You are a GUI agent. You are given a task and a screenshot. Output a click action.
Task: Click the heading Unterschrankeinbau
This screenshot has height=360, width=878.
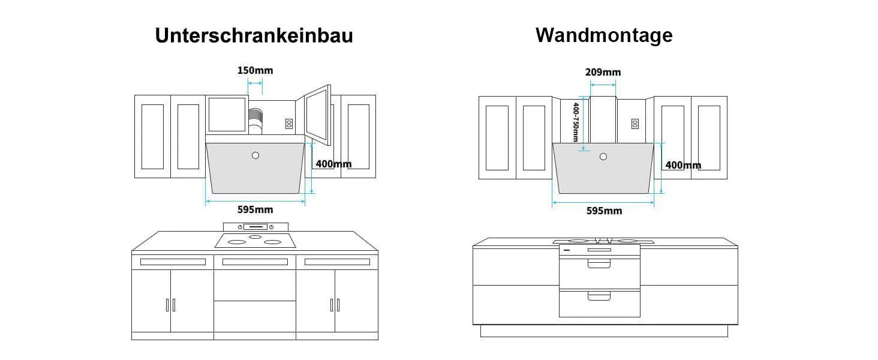pyautogui.click(x=254, y=35)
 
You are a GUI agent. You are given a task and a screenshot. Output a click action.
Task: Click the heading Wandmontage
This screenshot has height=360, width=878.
pyautogui.click(x=604, y=35)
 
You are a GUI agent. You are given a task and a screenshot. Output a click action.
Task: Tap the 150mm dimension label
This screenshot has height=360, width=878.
pyautogui.click(x=255, y=71)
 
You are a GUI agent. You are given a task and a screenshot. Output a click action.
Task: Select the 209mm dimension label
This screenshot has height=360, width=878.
pyautogui.click(x=603, y=72)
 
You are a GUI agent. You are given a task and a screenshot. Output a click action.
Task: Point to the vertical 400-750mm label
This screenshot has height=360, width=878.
pyautogui.click(x=575, y=122)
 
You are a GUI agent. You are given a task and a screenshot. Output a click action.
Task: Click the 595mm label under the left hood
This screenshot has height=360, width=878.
pyautogui.click(x=255, y=210)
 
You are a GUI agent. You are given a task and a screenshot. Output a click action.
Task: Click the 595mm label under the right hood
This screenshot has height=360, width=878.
pyautogui.click(x=604, y=211)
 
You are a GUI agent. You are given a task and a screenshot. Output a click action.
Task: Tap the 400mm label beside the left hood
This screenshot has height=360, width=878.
pyautogui.click(x=333, y=164)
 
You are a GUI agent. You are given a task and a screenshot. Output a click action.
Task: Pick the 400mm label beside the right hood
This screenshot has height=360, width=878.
pyautogui.click(x=683, y=165)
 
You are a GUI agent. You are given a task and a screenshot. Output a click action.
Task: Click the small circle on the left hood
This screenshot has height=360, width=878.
pyautogui.click(x=255, y=155)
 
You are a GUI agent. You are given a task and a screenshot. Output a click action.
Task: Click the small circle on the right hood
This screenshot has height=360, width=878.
pyautogui.click(x=603, y=157)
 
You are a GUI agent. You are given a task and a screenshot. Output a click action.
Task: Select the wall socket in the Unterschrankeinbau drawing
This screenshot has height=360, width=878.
pyautogui.click(x=289, y=124)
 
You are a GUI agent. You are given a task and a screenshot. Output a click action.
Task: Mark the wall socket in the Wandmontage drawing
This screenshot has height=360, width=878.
pyautogui.click(x=635, y=124)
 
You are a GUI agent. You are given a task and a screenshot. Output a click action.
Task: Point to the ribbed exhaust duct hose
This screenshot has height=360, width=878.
pyautogui.click(x=255, y=119)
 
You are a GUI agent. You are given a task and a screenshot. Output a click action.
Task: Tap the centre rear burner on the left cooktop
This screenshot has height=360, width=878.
pyautogui.click(x=255, y=237)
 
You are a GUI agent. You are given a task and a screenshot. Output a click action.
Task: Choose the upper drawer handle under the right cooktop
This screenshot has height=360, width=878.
pyautogui.click(x=599, y=264)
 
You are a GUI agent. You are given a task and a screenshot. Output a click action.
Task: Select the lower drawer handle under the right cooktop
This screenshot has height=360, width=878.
pyautogui.click(x=599, y=296)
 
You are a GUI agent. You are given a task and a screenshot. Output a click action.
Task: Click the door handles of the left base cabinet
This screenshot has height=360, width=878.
pyautogui.click(x=170, y=305)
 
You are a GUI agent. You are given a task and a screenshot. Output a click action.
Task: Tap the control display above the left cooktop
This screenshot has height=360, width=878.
pyautogui.click(x=255, y=227)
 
